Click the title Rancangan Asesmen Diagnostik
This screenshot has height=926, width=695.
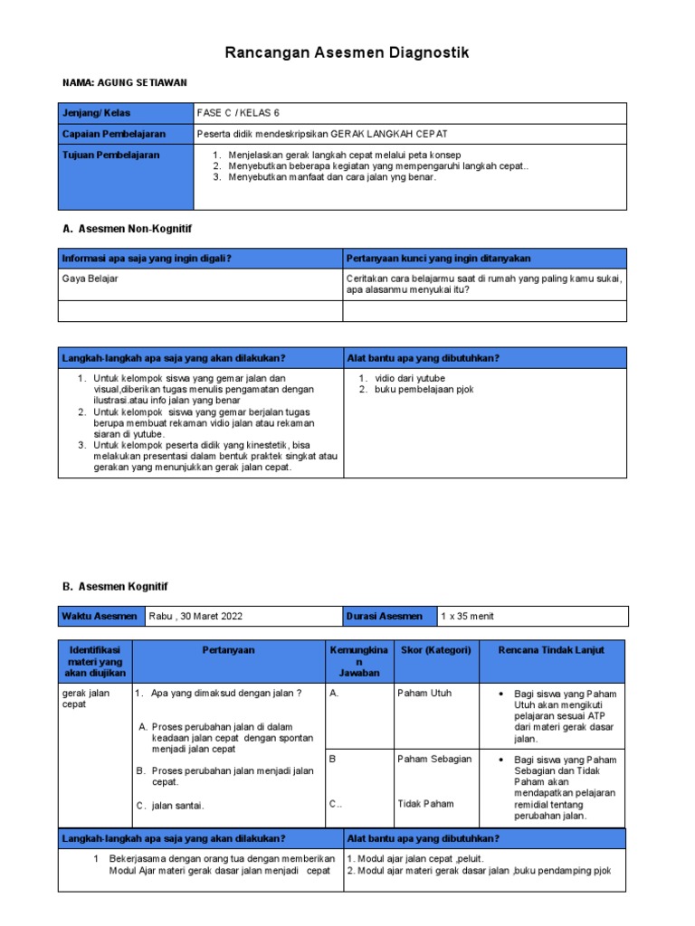[347, 54]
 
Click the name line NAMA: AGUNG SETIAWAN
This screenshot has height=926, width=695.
[125, 82]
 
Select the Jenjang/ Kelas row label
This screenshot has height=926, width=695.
[96, 113]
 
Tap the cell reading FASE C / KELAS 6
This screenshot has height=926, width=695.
[238, 113]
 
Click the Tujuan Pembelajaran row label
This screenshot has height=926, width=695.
[110, 156]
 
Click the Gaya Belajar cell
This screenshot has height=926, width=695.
[90, 279]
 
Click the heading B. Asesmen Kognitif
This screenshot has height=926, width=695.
[115, 587]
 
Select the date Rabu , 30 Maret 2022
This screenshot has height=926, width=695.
[196, 617]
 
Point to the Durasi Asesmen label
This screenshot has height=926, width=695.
[385, 617]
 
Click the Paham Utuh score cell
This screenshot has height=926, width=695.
[424, 694]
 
